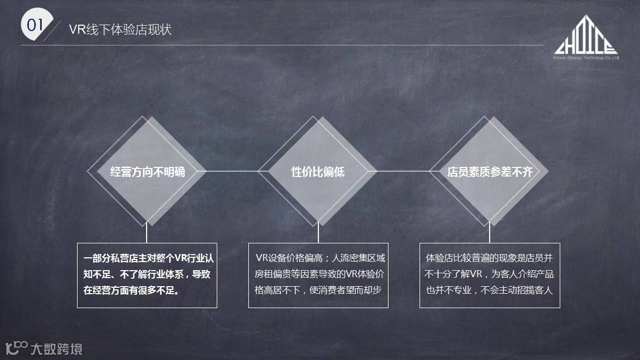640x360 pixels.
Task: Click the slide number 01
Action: click(x=35, y=25)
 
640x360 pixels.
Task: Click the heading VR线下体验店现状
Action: click(x=120, y=29)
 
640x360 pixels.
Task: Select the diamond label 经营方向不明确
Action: click(x=148, y=172)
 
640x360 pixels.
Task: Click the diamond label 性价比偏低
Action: click(x=318, y=172)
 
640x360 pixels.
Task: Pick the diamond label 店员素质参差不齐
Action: click(x=490, y=172)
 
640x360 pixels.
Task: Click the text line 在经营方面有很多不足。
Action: click(x=131, y=291)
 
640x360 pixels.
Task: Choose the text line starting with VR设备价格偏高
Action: click(x=320, y=258)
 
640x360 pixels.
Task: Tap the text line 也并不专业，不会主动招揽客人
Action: click(x=489, y=291)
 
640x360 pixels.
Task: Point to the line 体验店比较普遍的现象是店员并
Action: click(x=489, y=258)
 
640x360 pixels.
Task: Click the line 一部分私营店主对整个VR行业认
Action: click(x=148, y=258)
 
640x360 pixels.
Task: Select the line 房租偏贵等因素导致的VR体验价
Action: click(x=320, y=274)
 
